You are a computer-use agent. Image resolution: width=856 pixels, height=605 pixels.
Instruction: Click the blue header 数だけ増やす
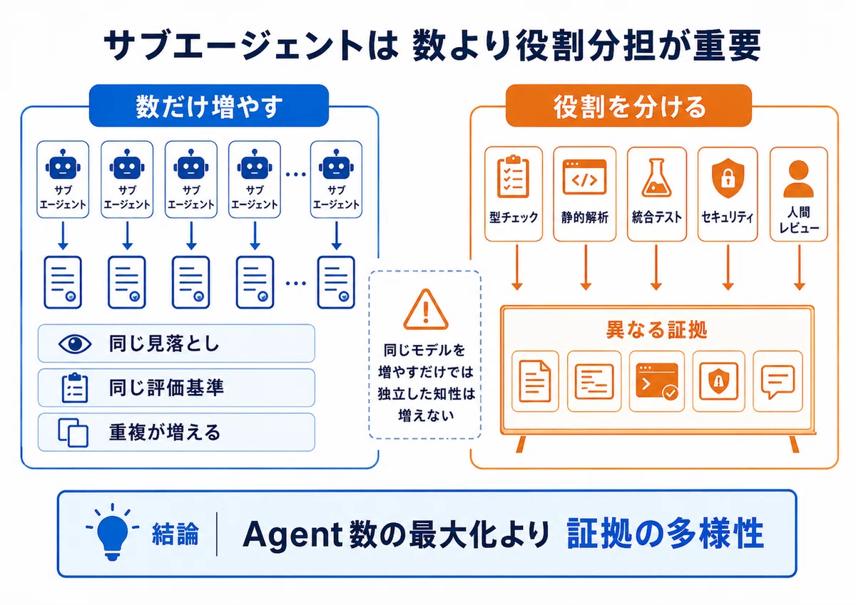pyautogui.click(x=208, y=105)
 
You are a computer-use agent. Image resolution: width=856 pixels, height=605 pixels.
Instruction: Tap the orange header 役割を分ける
pyautogui.click(x=628, y=105)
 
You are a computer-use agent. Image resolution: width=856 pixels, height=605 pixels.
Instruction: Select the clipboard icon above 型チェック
pyautogui.click(x=513, y=176)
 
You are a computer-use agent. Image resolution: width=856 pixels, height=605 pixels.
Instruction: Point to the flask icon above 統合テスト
pyautogui.click(x=656, y=177)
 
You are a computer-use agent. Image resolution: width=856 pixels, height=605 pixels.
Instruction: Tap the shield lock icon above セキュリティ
pyautogui.click(x=728, y=178)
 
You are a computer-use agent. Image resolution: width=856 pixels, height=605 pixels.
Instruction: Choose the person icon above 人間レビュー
pyautogui.click(x=798, y=179)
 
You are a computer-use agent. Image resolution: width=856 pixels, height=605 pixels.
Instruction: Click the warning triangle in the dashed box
pyautogui.click(x=425, y=309)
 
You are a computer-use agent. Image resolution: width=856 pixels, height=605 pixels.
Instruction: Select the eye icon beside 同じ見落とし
pyautogui.click(x=74, y=343)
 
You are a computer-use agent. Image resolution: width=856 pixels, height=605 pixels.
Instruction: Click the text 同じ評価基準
pyautogui.click(x=166, y=388)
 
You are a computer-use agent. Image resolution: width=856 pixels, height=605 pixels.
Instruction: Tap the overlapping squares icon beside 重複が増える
pyautogui.click(x=73, y=433)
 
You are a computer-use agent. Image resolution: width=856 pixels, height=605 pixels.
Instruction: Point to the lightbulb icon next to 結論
pyautogui.click(x=113, y=532)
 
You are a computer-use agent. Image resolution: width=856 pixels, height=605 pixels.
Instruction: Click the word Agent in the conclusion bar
pyautogui.click(x=292, y=534)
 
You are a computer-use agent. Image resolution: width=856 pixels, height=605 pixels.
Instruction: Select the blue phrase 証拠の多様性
pyautogui.click(x=665, y=533)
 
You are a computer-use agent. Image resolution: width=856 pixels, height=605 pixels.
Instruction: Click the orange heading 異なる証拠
pyautogui.click(x=656, y=329)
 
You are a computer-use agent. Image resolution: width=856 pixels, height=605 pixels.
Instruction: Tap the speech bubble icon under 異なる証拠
pyautogui.click(x=778, y=382)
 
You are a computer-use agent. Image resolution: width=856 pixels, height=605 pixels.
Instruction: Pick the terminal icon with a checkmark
pyautogui.click(x=657, y=381)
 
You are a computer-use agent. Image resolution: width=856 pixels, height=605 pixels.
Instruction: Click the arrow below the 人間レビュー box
pyautogui.click(x=799, y=267)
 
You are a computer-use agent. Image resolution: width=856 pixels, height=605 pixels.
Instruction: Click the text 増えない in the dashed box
pyautogui.click(x=426, y=415)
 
